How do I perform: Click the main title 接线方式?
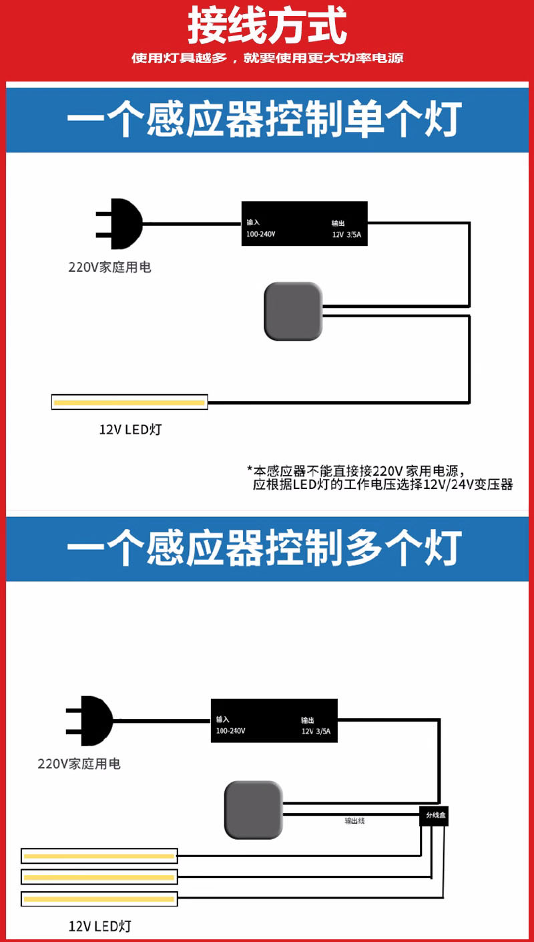coord(267,27)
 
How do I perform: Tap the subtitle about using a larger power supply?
coord(267,58)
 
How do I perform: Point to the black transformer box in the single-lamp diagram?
coord(304,223)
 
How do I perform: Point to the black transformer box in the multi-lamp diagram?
coord(274,720)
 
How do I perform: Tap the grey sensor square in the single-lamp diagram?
coord(293,311)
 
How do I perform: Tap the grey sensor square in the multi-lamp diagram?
coord(253,810)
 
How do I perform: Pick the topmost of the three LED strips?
coord(99,856)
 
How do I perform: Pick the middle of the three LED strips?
coord(99,877)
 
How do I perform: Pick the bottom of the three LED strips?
coord(99,899)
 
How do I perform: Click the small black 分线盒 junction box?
coord(434,816)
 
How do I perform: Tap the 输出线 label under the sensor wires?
coord(354,820)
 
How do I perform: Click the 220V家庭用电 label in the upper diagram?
coord(109,267)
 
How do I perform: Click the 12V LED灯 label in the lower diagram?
coord(99,926)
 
